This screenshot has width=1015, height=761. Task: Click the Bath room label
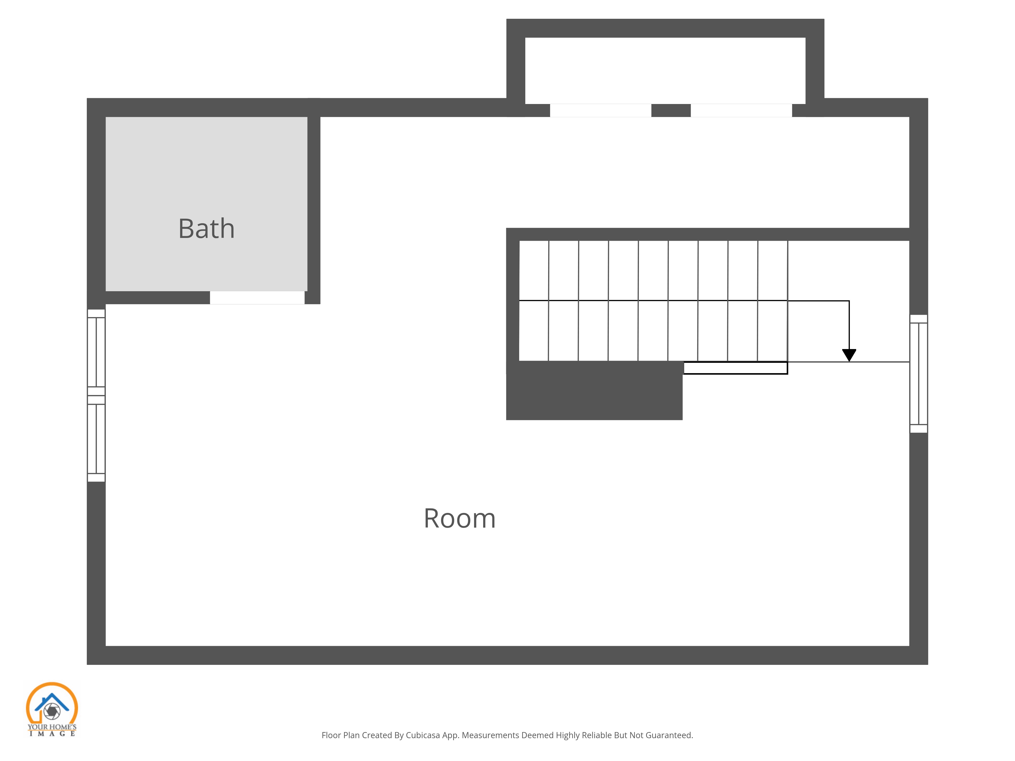pyautogui.click(x=207, y=229)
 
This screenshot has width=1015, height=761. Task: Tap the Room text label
pyautogui.click(x=459, y=518)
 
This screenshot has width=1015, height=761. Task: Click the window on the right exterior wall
pyautogui.click(x=919, y=374)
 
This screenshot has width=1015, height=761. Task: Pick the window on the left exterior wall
pyautogui.click(x=96, y=395)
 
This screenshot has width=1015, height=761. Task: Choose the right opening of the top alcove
pyautogui.click(x=741, y=111)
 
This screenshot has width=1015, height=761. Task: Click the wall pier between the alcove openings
pyautogui.click(x=671, y=111)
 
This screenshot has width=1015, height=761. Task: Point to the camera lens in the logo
pyautogui.click(x=52, y=711)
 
